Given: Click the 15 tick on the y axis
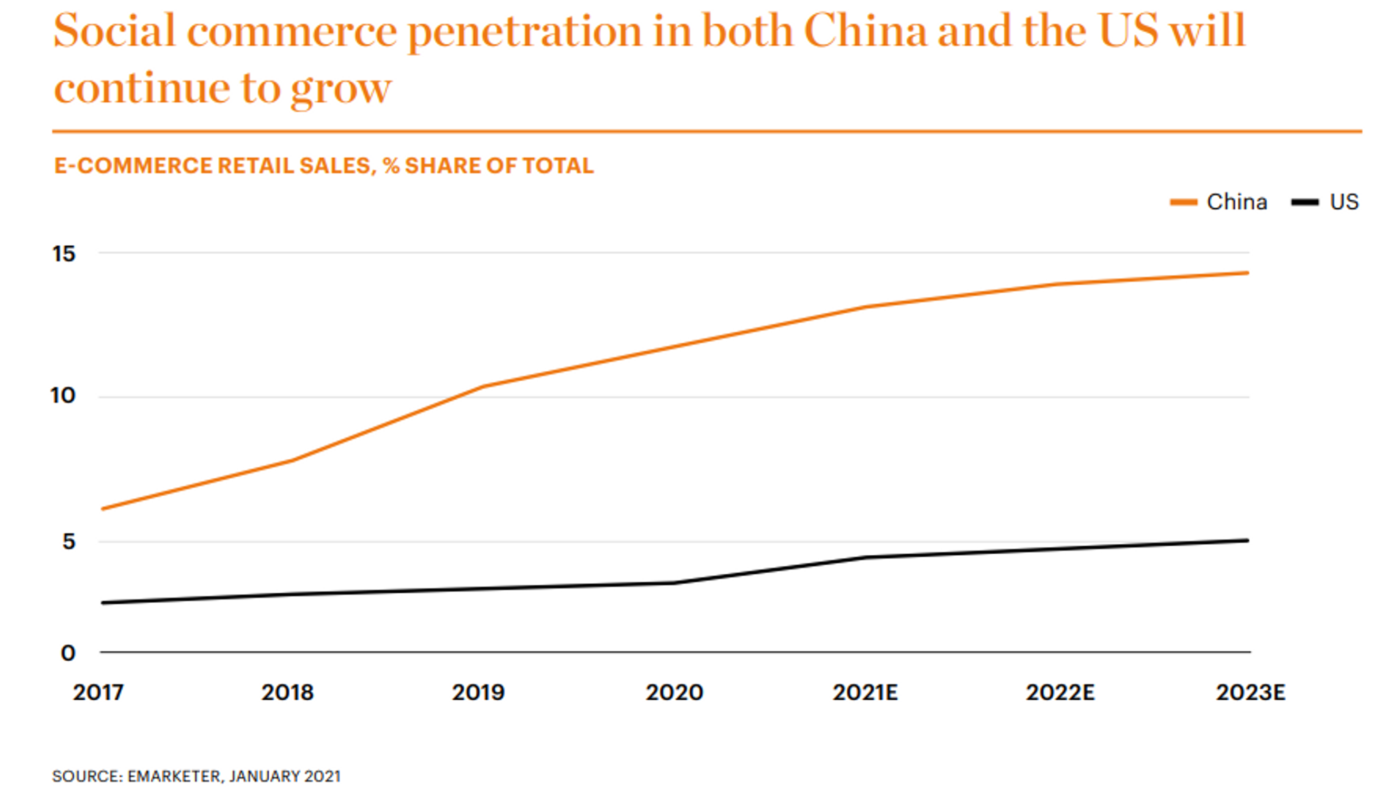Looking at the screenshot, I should [x=64, y=254].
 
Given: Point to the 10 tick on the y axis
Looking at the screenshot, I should [x=63, y=396].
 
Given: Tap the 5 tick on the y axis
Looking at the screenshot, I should [x=68, y=542].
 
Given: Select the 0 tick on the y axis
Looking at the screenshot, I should [x=68, y=653].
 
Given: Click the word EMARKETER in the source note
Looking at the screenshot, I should [x=174, y=776].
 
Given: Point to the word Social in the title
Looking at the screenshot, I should [x=114, y=31].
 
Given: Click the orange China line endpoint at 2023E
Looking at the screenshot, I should [x=1248, y=273].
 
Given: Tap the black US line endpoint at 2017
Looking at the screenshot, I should [x=103, y=603].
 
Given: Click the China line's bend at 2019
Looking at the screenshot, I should [x=483, y=386].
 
